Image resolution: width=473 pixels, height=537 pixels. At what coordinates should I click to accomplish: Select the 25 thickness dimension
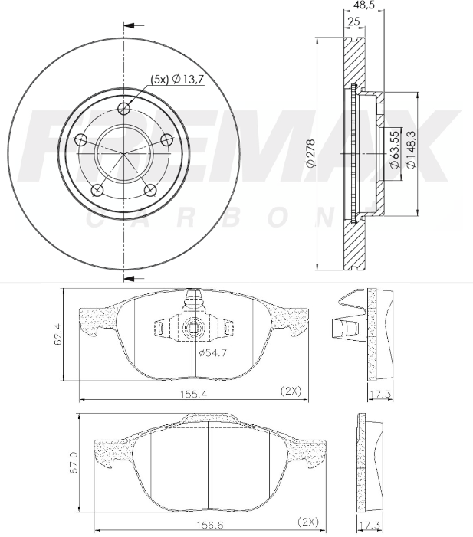(x=353, y=21)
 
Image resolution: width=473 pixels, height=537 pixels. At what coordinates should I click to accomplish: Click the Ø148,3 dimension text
(x=411, y=151)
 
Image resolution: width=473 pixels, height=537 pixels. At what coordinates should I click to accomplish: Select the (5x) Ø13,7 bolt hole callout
(x=176, y=79)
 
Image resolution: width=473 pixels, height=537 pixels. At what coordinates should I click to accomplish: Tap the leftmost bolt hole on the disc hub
(x=80, y=140)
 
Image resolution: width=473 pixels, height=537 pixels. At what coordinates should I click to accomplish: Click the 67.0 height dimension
(x=73, y=463)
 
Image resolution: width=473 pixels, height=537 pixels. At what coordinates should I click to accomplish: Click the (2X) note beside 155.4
(x=291, y=391)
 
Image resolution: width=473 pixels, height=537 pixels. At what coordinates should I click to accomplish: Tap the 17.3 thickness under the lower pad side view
(x=370, y=526)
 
